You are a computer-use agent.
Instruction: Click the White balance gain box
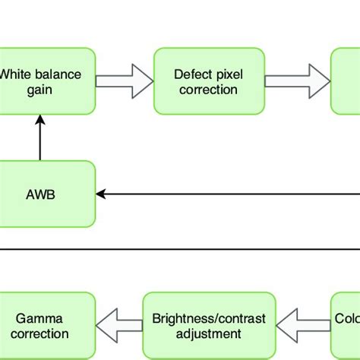click(47, 82)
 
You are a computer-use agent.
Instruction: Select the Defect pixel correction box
click(209, 82)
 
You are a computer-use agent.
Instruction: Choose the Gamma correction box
click(47, 325)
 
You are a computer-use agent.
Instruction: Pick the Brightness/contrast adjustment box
click(209, 325)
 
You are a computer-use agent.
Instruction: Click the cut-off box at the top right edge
click(346, 82)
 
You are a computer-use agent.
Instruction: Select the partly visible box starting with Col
click(346, 325)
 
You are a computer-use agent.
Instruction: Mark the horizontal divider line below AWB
click(180, 247)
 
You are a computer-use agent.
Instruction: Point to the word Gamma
click(47, 317)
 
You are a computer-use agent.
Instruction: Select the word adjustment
click(209, 333)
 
